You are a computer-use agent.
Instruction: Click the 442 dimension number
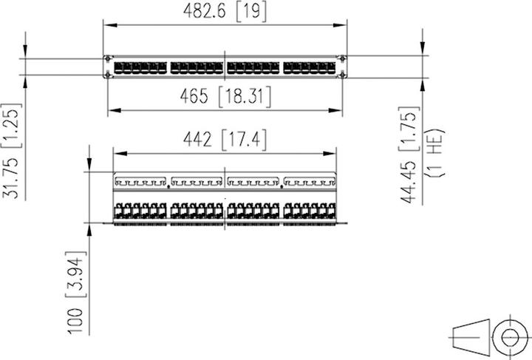tap(196, 138)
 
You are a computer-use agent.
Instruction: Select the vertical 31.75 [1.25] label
tap(12, 150)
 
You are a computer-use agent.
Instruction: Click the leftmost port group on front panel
tap(140, 67)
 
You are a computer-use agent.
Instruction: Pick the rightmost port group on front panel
tap(310, 67)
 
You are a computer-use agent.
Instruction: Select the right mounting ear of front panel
tap(344, 67)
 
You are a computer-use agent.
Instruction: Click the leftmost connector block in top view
tap(140, 210)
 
